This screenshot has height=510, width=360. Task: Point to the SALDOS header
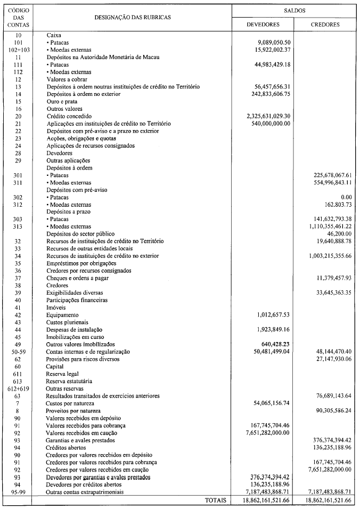(294, 10)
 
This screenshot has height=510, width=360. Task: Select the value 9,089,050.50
(273, 42)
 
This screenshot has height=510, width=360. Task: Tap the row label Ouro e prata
(62, 101)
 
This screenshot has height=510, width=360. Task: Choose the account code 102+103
(18, 49)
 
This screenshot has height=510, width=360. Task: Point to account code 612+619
(18, 388)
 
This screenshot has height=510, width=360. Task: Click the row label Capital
(55, 367)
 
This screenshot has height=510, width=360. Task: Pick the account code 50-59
(18, 352)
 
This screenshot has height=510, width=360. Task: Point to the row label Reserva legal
(62, 374)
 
